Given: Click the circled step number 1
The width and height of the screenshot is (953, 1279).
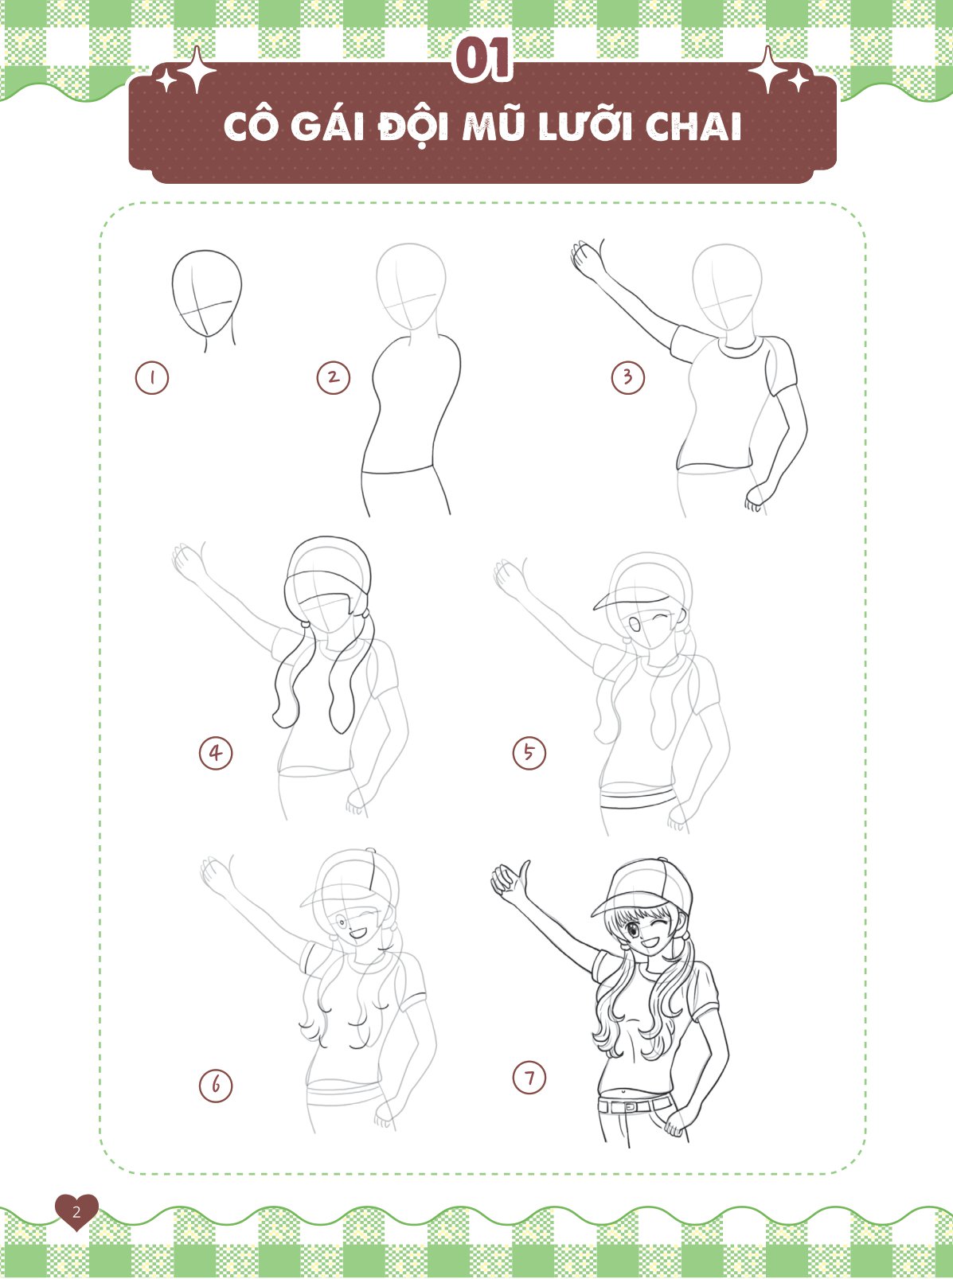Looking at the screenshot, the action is (152, 378).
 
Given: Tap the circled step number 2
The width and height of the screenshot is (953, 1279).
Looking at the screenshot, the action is (334, 378).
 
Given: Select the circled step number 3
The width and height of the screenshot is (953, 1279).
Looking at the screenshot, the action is (627, 378).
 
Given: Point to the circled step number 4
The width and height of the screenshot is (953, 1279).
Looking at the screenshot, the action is (216, 753).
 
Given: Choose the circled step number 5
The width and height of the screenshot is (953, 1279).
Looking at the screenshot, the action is (529, 753).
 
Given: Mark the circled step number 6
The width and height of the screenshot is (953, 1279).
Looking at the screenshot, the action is (216, 1086).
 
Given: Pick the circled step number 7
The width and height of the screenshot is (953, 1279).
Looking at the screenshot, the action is (529, 1077).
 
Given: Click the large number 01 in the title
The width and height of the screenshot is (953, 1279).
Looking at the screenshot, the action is (482, 60).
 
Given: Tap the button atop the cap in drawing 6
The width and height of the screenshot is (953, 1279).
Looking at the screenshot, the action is (370, 850).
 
